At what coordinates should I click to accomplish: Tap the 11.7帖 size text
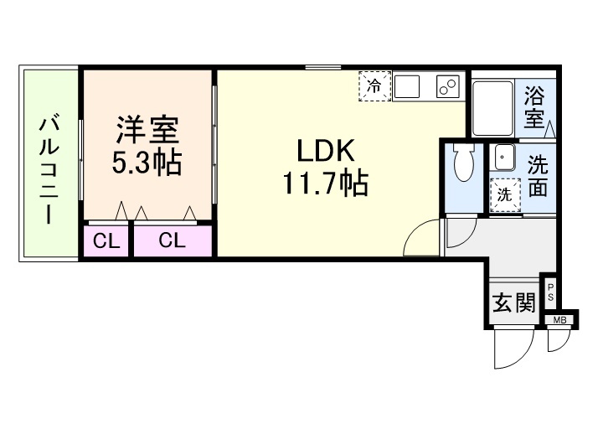(x=325, y=183)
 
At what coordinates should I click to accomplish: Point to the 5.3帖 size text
(x=147, y=162)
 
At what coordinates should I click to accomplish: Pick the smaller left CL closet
(x=106, y=241)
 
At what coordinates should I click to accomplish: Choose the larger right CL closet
(x=173, y=241)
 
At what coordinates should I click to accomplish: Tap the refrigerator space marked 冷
(x=375, y=85)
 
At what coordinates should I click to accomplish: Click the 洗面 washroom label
(x=537, y=175)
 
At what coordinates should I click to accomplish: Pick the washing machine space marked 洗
(x=505, y=194)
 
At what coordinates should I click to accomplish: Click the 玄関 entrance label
(x=513, y=302)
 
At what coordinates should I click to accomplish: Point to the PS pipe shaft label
(x=551, y=292)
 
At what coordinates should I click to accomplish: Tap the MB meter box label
(x=559, y=319)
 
